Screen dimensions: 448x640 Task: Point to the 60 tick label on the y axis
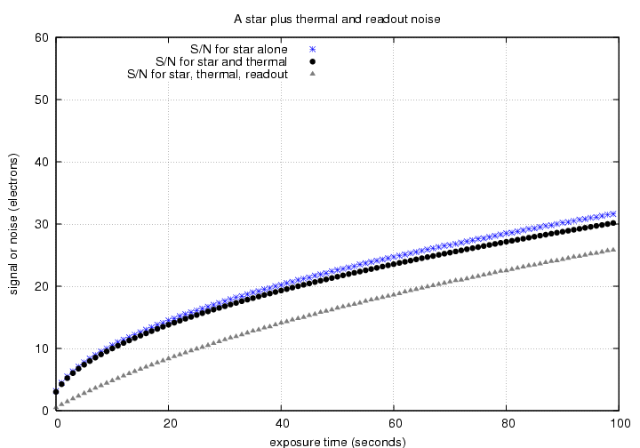(41, 37)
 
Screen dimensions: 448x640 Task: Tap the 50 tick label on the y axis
(41, 100)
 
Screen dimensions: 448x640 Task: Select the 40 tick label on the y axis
(41, 162)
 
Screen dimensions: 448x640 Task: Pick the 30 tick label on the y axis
(41, 224)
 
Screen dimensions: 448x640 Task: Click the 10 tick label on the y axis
(41, 348)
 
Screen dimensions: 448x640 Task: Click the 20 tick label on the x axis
(169, 424)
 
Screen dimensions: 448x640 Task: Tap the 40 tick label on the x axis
(281, 424)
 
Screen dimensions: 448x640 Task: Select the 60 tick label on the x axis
(394, 424)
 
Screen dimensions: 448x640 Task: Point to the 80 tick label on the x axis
(506, 424)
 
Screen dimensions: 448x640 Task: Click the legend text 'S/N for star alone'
(238, 49)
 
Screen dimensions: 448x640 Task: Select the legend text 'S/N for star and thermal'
(220, 61)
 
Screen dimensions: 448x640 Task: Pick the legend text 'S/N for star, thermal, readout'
(207, 74)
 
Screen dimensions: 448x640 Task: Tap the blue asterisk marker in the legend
(313, 49)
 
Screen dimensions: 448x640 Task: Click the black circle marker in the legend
(313, 61)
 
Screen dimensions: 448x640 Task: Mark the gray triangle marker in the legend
(313, 74)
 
